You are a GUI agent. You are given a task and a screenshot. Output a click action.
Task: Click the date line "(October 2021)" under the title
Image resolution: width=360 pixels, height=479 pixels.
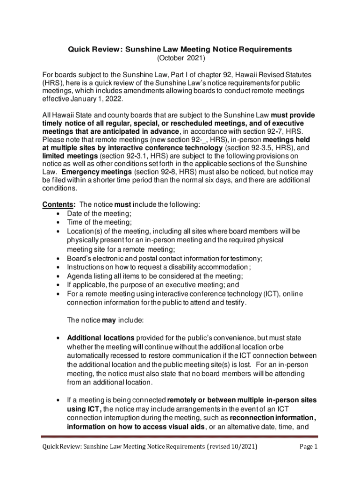tap(180, 59)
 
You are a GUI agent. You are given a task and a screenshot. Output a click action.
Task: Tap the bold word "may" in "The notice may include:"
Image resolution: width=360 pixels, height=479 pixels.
tap(109, 320)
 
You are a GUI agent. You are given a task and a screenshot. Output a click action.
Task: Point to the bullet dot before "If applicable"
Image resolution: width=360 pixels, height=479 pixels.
tap(57, 284)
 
